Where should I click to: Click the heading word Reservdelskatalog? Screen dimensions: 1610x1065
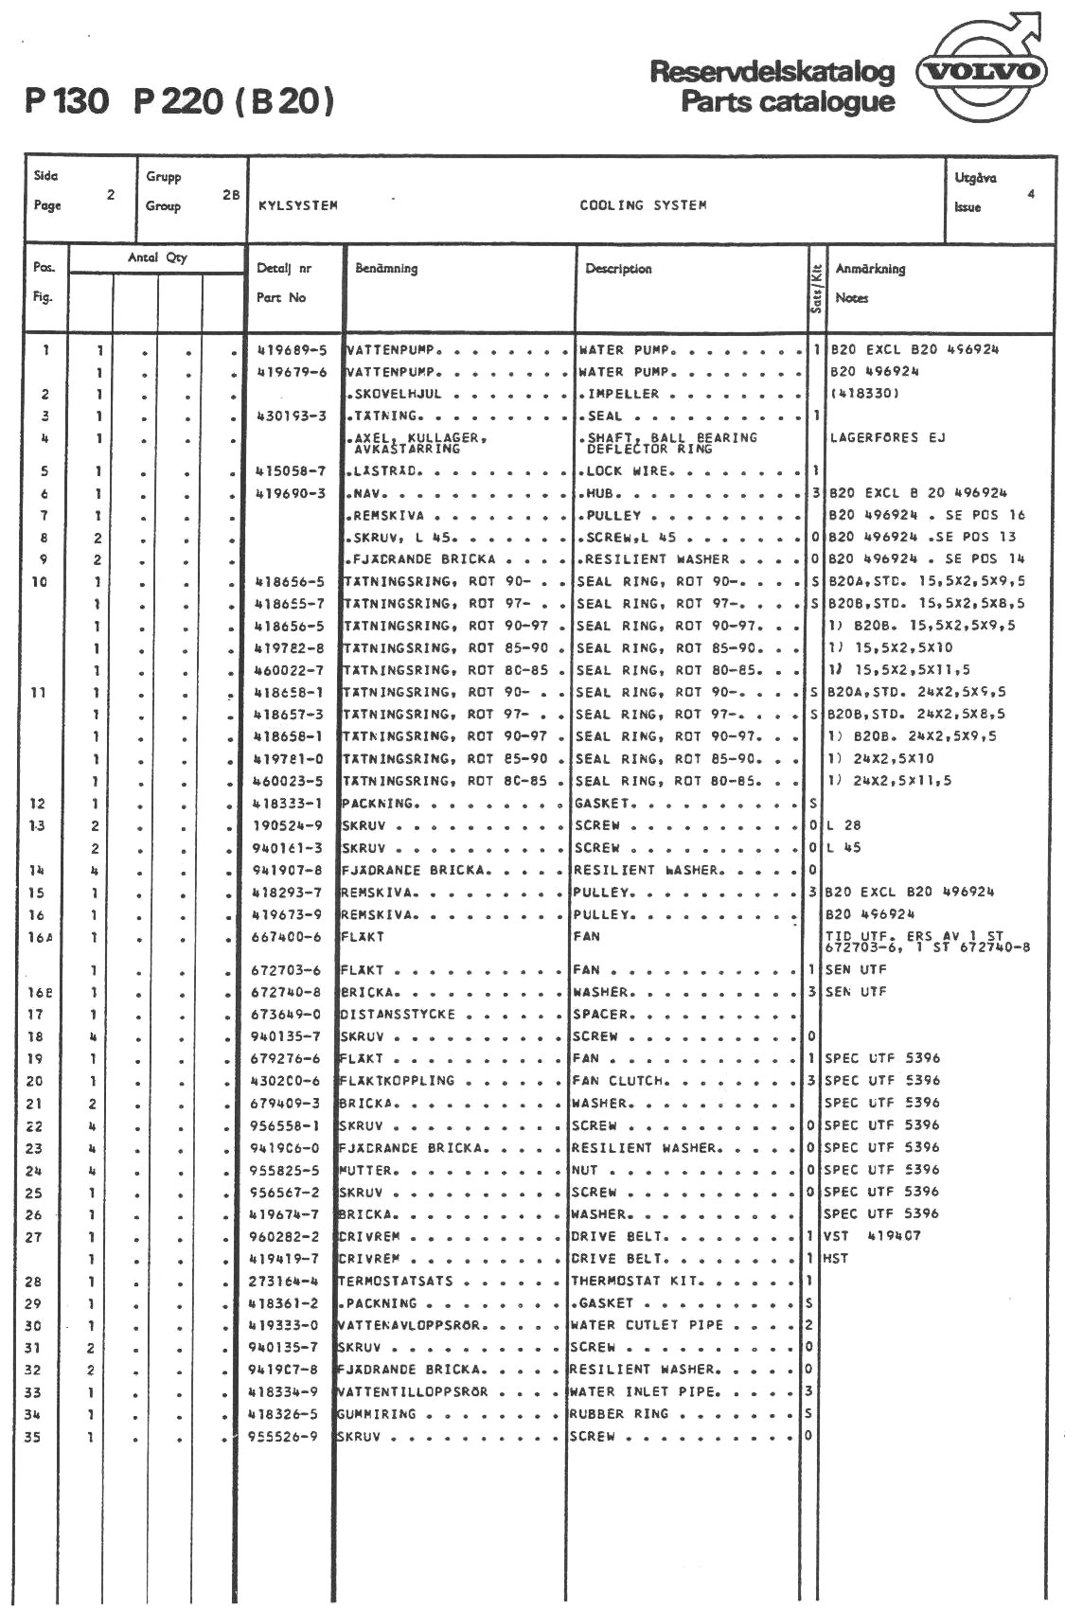pos(772,73)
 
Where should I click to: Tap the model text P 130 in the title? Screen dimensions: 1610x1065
pos(67,101)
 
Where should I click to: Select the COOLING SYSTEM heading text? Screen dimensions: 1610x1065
pos(643,205)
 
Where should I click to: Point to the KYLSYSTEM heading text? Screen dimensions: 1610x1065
pos(298,205)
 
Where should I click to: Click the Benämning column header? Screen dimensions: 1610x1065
pos(386,269)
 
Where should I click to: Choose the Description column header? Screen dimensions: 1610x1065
pos(618,269)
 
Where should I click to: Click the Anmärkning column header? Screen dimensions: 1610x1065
pos(870,269)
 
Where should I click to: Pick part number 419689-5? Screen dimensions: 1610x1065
pos(292,349)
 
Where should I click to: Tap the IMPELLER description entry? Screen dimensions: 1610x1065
pos(623,394)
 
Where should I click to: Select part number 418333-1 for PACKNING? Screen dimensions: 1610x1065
pos(289,804)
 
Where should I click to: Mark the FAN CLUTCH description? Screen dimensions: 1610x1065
pos(619,1081)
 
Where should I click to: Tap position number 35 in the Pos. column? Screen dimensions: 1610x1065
pos(33,1437)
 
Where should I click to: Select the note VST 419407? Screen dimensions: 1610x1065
pos(871,1236)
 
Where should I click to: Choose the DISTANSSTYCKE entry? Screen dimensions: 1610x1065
pos(397,1015)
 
